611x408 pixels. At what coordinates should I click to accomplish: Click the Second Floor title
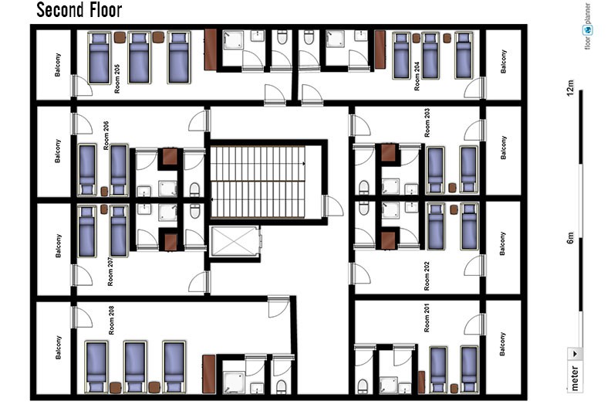pyautogui.click(x=79, y=10)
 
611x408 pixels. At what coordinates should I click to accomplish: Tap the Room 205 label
pyautogui.click(x=117, y=79)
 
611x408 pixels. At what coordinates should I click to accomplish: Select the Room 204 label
pyautogui.click(x=417, y=76)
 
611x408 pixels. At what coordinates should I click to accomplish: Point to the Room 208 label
pyautogui.click(x=111, y=320)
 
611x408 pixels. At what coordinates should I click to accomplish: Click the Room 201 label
pyautogui.click(x=427, y=318)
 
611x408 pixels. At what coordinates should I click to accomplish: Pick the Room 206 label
pyautogui.click(x=106, y=135)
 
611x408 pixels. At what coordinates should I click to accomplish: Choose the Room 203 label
pyautogui.click(x=427, y=123)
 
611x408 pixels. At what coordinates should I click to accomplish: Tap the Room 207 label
pyautogui.click(x=110, y=272)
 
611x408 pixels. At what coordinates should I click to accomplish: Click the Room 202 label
pyautogui.click(x=427, y=276)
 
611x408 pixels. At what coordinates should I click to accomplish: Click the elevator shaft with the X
pyautogui.click(x=235, y=242)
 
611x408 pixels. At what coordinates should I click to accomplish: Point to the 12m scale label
pyautogui.click(x=570, y=88)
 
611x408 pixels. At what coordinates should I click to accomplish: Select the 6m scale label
pyautogui.click(x=570, y=238)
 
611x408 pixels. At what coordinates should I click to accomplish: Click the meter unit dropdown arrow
pyautogui.click(x=576, y=354)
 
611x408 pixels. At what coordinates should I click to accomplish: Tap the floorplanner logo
pyautogui.click(x=587, y=25)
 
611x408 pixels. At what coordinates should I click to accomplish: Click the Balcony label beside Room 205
pyautogui.click(x=58, y=65)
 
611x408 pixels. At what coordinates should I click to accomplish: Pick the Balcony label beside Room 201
pyautogui.click(x=503, y=344)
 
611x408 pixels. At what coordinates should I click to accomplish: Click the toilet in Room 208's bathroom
pyautogui.click(x=281, y=386)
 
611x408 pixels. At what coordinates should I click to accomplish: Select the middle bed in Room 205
pyautogui.click(x=139, y=58)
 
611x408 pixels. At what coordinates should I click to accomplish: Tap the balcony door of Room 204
pyautogui.click(x=475, y=88)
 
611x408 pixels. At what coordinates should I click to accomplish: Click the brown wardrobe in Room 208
pyautogui.click(x=208, y=374)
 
